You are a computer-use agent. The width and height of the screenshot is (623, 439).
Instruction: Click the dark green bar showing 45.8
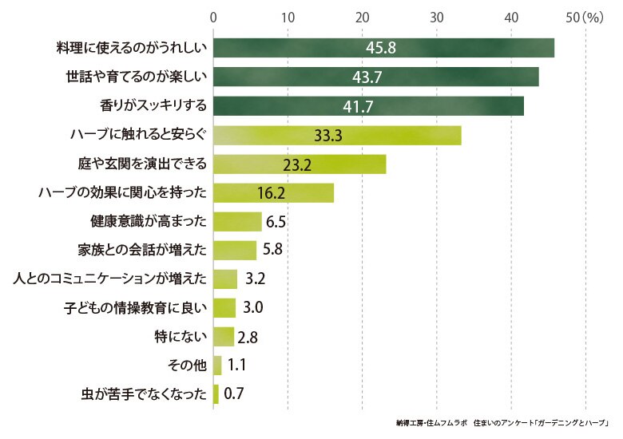tap(384, 48)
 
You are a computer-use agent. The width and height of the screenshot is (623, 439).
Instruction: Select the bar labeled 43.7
tap(376, 77)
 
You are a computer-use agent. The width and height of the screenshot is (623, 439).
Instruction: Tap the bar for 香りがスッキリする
tap(368, 106)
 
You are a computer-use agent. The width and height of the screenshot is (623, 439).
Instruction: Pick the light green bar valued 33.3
tap(337, 136)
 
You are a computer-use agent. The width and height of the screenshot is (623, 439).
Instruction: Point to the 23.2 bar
tap(300, 164)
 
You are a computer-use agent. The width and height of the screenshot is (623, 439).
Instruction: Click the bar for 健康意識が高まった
tap(237, 221)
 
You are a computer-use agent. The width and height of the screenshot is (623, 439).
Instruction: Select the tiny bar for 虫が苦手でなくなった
tap(216, 394)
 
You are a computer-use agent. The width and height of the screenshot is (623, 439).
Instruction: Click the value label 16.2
tap(271, 193)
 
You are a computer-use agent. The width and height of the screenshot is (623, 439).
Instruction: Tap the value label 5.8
tap(272, 249)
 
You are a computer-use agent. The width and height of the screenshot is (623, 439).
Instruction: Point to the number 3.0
tap(252, 307)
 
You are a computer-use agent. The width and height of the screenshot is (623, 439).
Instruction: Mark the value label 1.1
tap(236, 365)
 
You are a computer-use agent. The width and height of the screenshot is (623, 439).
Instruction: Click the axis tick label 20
tap(362, 18)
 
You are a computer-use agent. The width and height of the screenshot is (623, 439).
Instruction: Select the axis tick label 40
tap(511, 18)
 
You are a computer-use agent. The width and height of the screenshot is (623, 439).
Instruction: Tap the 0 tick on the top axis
tap(213, 18)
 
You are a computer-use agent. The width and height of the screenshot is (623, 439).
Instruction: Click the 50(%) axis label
tap(585, 18)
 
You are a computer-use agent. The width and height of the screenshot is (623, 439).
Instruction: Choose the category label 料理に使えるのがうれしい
tap(132, 48)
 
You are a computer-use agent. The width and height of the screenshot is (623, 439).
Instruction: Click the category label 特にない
tap(181, 337)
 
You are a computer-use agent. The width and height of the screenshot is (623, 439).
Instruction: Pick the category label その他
tap(187, 366)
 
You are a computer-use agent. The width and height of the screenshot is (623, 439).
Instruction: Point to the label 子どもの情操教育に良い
tap(136, 307)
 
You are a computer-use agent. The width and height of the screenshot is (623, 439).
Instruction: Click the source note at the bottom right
tap(502, 423)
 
